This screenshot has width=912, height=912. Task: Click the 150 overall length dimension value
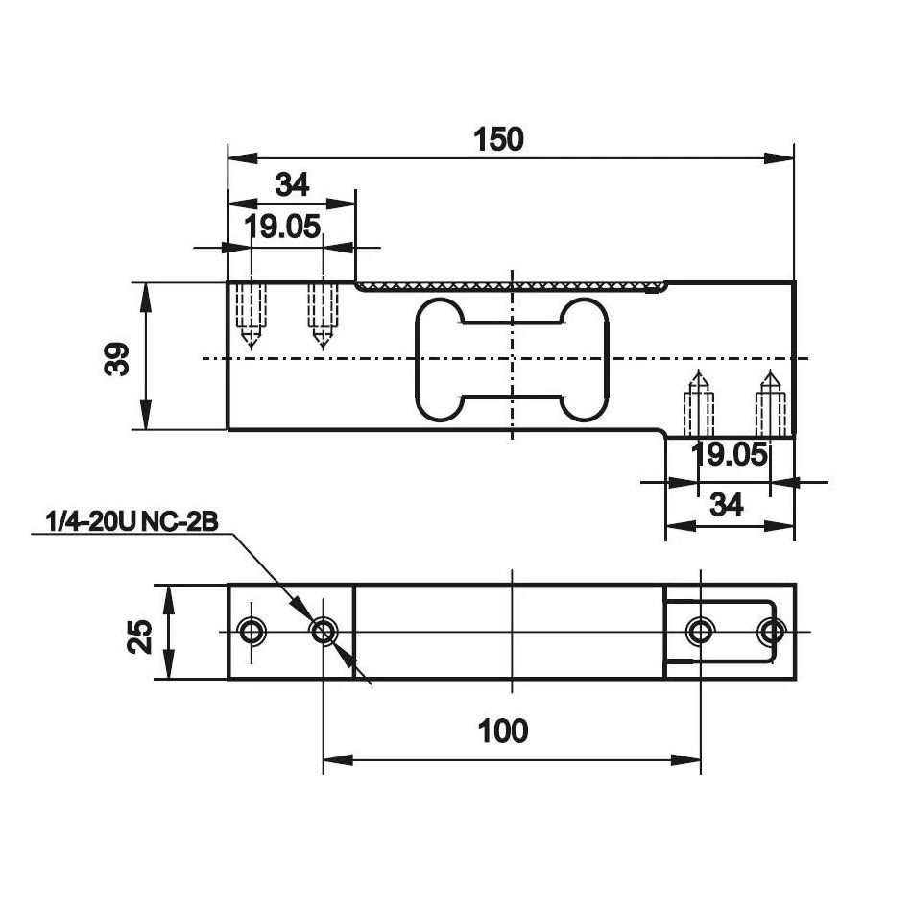tap(499, 139)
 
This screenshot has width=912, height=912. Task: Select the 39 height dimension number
tap(118, 358)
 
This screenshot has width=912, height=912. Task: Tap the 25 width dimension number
tap(140, 635)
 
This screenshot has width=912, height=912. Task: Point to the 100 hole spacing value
tap(503, 732)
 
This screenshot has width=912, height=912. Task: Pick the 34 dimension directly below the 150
tap(291, 184)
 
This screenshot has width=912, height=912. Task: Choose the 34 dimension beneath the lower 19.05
tap(728, 505)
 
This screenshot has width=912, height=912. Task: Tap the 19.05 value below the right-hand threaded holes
tap(730, 455)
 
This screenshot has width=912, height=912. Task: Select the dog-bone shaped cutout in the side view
tap(512, 358)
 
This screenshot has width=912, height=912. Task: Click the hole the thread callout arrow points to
tap(324, 631)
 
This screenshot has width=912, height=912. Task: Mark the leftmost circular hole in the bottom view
tap(252, 631)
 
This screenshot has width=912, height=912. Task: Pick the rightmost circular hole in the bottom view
tap(771, 631)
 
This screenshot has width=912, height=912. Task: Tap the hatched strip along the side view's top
tap(509, 286)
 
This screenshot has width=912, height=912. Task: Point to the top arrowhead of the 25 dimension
tap(169, 595)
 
